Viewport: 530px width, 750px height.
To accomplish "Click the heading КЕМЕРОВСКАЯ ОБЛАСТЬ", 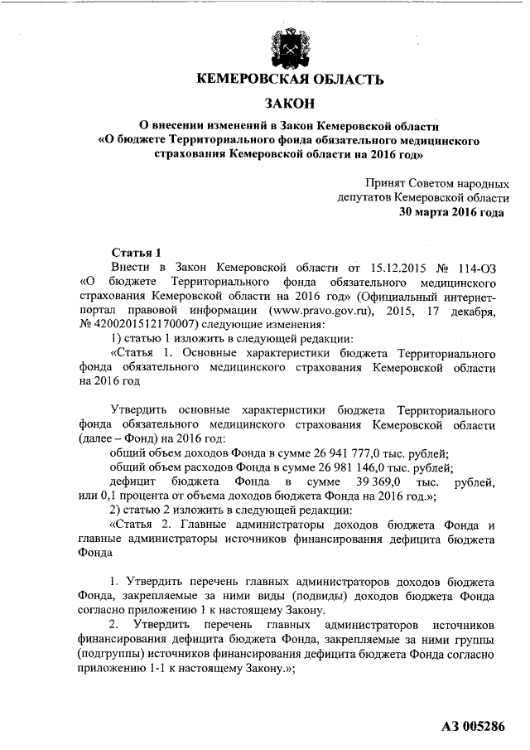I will coord(289,80).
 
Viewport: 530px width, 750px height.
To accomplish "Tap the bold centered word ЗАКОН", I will coord(289,104).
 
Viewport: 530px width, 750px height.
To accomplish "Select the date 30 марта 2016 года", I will coord(450,212).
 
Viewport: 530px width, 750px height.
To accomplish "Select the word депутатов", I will coord(364,197).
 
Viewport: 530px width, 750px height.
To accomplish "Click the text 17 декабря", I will coord(460,312).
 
